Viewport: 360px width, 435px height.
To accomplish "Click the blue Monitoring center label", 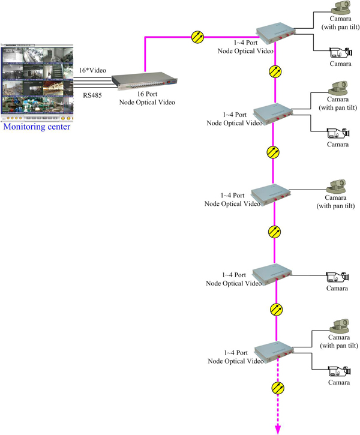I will coord(36,127).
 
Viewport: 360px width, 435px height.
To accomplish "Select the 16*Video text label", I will coord(93,70).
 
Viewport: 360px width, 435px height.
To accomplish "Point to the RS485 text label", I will coord(93,95).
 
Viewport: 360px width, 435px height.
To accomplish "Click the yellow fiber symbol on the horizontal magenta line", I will coord(197,37).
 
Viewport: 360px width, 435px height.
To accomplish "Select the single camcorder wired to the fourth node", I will coord(337,277).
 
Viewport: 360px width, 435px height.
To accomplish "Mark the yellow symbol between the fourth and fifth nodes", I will coord(276,310).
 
